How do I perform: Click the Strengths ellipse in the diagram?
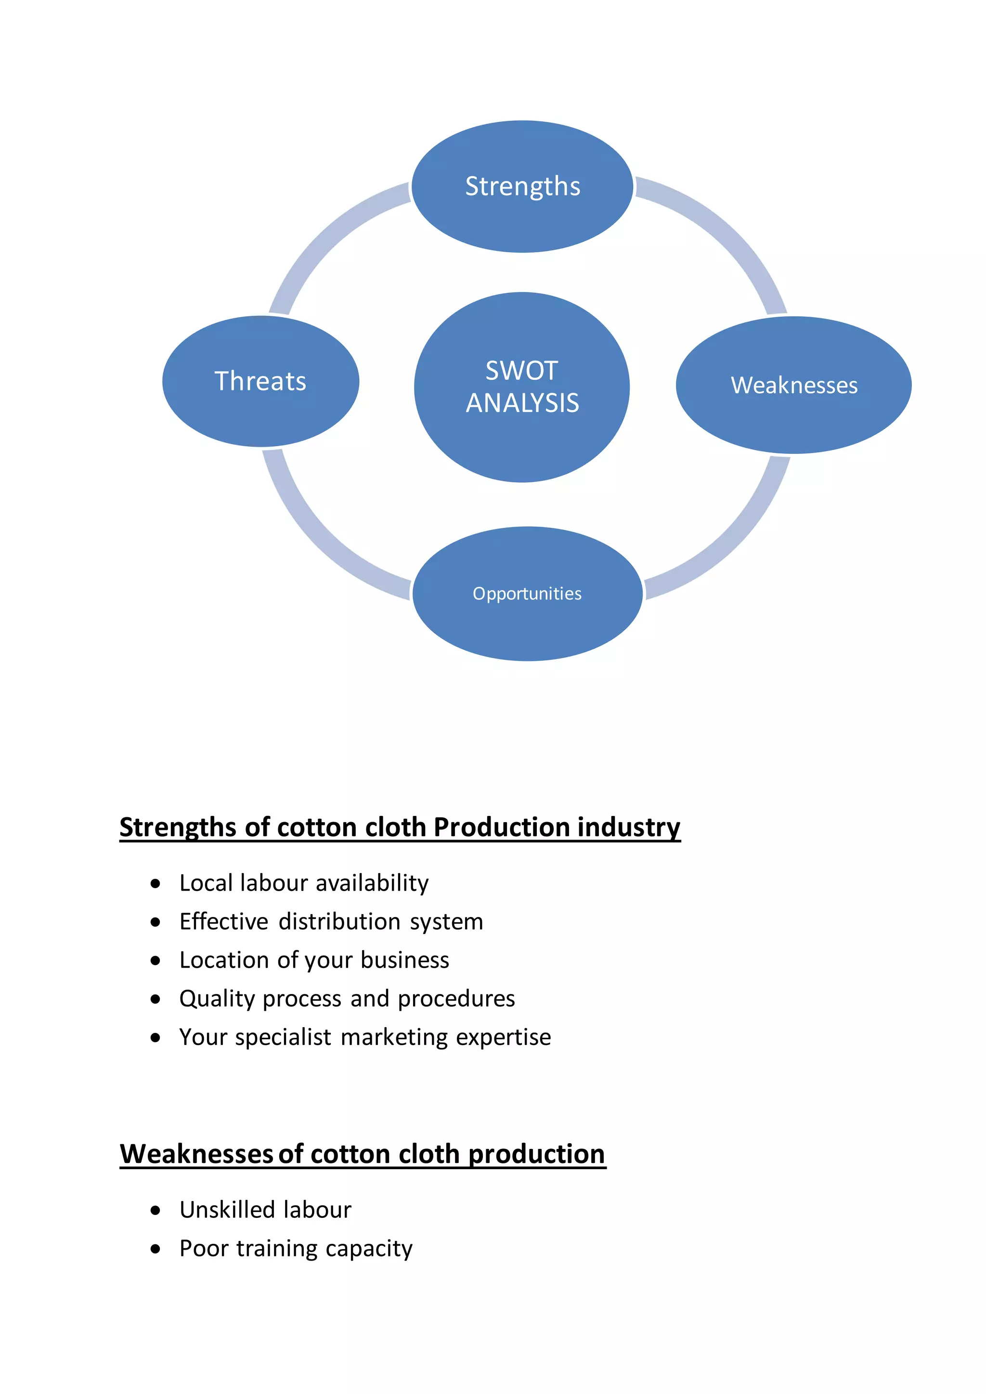pos(522,186)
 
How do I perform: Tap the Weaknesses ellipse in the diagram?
pos(793,385)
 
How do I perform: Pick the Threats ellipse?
pos(260,381)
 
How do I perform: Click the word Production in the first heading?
pos(502,827)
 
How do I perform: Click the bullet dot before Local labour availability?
pos(156,883)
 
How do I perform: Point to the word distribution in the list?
pos(339,922)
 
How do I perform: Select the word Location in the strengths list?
pos(224,960)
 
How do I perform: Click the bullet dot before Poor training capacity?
pos(156,1249)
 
